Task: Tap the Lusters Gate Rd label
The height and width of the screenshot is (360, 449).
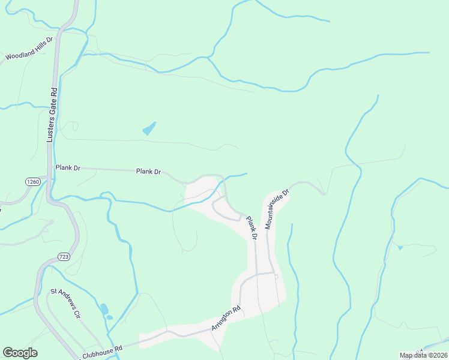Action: [52, 116]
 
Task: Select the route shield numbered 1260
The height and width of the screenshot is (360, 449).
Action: [33, 181]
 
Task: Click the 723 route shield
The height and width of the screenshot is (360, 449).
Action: [64, 257]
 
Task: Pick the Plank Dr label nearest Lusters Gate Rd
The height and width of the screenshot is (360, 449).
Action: [68, 168]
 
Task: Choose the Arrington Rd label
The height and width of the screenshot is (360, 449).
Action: [226, 318]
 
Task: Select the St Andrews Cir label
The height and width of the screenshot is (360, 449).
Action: [65, 304]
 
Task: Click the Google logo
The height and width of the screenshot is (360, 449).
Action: [20, 353]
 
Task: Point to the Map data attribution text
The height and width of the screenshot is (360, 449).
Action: [423, 355]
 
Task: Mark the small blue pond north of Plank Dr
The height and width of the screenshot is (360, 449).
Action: [149, 128]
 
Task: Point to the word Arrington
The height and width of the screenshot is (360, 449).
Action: [223, 321]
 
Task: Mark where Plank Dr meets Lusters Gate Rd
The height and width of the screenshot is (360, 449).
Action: [50, 169]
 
